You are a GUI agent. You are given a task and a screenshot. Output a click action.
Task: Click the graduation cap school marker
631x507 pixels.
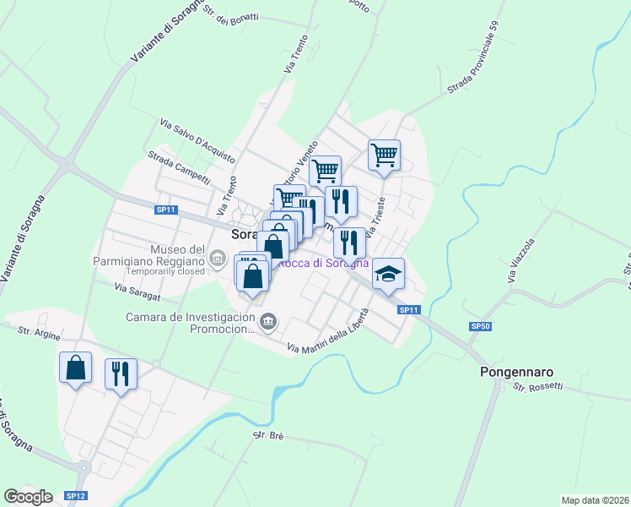389,274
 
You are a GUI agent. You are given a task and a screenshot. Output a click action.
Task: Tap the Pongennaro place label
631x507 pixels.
515,371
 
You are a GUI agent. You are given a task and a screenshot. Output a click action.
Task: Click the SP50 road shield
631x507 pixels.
480,325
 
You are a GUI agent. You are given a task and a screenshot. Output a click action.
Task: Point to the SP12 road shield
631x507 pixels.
75,495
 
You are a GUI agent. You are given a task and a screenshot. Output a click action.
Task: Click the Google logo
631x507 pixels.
28,496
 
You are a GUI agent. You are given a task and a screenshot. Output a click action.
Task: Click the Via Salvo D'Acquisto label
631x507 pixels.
197,139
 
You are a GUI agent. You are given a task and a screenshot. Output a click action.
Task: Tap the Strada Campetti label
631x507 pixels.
180,166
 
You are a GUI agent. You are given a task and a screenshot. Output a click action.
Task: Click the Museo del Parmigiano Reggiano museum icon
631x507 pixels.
218,257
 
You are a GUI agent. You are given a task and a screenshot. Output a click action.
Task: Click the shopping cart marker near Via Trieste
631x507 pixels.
384,155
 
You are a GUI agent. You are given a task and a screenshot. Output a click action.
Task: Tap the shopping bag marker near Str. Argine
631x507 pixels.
75,368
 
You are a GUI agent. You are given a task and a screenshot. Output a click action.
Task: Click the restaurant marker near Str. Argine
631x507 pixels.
121,373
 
